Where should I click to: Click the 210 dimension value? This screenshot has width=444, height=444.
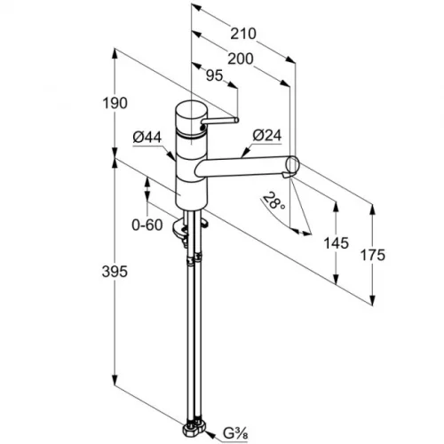[x=243, y=34]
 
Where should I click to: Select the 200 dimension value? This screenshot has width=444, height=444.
[x=241, y=59]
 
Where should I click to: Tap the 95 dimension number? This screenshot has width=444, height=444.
[x=214, y=75]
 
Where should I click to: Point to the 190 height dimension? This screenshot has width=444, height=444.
[x=115, y=103]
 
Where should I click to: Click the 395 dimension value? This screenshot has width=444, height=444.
[x=115, y=272]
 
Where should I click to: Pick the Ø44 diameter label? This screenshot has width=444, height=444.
[x=147, y=138]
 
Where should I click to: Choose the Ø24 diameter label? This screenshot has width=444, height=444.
[x=267, y=136]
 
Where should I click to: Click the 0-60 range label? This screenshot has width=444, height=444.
[x=147, y=226]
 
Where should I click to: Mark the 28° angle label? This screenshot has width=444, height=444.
[x=274, y=201]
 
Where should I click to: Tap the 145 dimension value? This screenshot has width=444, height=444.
[x=336, y=243]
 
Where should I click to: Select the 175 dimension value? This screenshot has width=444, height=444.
[x=373, y=255]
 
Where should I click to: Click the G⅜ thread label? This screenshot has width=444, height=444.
[x=235, y=434]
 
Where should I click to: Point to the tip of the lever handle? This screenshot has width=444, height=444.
[x=237, y=120]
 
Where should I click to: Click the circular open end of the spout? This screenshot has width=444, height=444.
[x=293, y=164]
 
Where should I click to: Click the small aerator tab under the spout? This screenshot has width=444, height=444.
[x=287, y=175]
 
